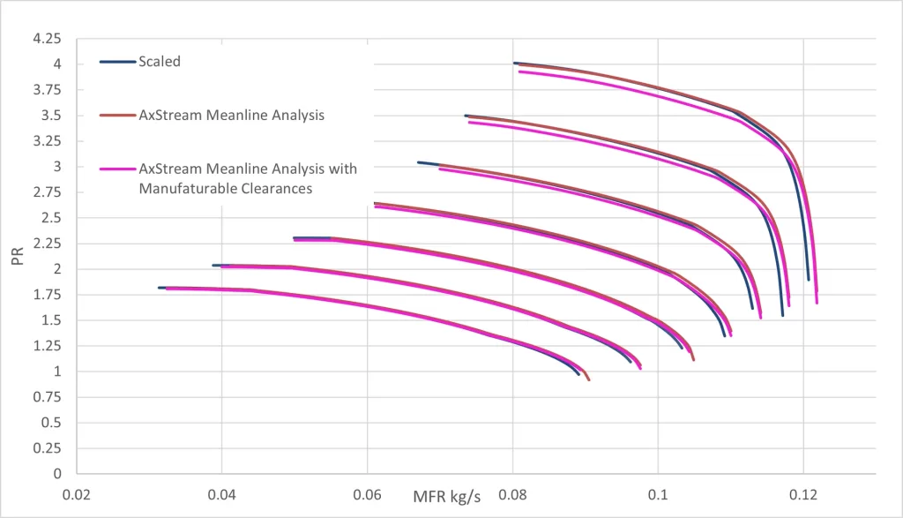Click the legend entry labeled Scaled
pyautogui.click(x=160, y=62)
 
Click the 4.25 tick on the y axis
pyautogui.click(x=47, y=39)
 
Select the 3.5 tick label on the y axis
pyautogui.click(x=50, y=116)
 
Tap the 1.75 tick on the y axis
pyautogui.click(x=47, y=296)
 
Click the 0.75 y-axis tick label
pyautogui.click(x=47, y=398)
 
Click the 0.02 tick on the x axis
pyautogui.click(x=77, y=495)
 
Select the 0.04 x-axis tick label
pyautogui.click(x=221, y=495)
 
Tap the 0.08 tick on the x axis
pyautogui.click(x=512, y=495)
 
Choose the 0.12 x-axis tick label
pyautogui.click(x=803, y=495)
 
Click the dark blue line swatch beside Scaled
pyautogui.click(x=117, y=62)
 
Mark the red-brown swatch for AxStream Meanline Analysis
pyautogui.click(x=117, y=115)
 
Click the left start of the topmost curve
pyautogui.click(x=514, y=63)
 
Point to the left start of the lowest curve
pyautogui.click(x=160, y=288)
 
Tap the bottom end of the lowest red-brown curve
pyautogui.click(x=588, y=379)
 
